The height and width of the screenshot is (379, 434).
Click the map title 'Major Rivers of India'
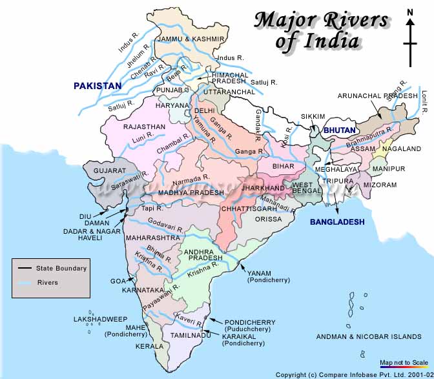(320, 30)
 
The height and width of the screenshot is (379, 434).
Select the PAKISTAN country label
(97, 86)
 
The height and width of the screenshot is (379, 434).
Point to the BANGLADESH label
(336, 222)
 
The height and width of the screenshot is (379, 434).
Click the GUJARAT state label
(110, 170)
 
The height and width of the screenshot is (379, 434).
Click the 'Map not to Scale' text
(403, 363)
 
